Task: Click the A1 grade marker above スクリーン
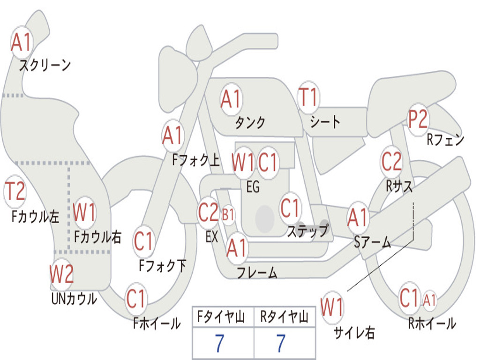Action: click(22, 43)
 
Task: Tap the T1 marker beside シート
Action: click(308, 97)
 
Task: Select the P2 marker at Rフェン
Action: click(417, 120)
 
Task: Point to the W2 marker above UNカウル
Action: click(61, 274)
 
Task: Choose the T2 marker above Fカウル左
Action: click(15, 191)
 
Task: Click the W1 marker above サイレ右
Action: click(332, 308)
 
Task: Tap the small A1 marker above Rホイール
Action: click(430, 300)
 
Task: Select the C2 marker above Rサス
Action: click(391, 162)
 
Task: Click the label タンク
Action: click(250, 123)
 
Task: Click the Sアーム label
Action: click(372, 242)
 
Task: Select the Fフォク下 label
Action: click(163, 266)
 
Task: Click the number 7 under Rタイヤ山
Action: click(280, 344)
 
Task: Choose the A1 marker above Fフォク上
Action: click(172, 136)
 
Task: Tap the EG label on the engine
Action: click(253, 187)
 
